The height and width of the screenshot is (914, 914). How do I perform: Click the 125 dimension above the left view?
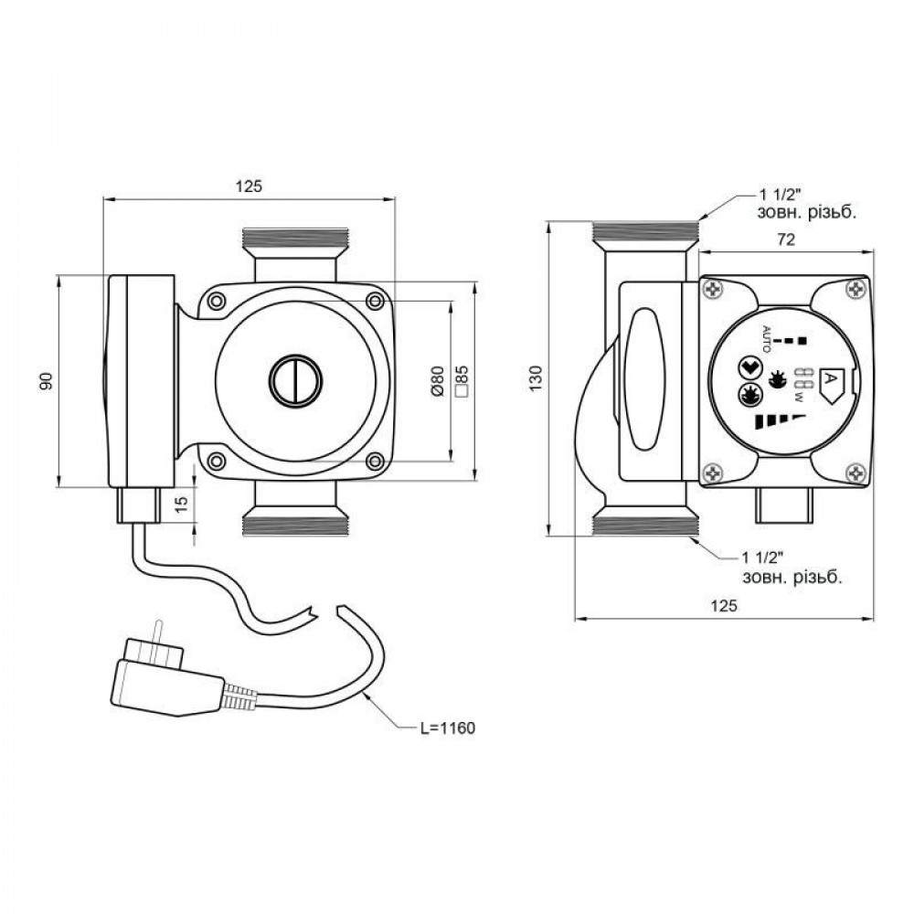249,186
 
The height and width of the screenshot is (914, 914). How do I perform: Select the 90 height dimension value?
47,380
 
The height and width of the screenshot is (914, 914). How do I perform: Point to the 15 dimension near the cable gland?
183,505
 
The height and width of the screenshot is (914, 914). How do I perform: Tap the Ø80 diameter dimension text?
438,380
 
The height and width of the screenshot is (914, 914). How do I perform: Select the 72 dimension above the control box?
784,240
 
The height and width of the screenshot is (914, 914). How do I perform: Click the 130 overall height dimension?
537,377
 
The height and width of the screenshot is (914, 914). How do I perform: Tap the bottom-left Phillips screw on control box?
713,473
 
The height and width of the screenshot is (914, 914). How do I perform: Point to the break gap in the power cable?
326,611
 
